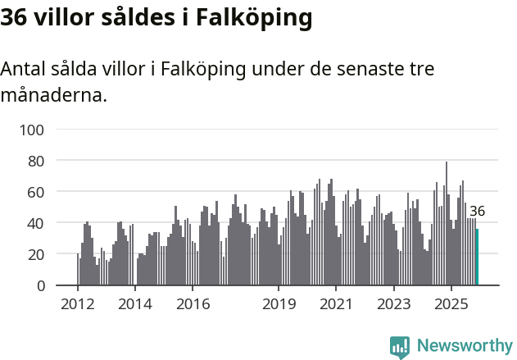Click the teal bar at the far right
point(478,257)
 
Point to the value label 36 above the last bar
point(477,211)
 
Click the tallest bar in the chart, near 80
point(447,223)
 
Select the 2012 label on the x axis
point(78,304)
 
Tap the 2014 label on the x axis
point(135,304)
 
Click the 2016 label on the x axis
point(193,304)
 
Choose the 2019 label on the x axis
point(279,304)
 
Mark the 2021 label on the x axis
point(336,304)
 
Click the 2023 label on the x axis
point(393,304)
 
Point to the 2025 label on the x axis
point(451,304)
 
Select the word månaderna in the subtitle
point(54,95)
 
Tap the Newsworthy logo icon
point(400,347)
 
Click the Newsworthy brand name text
point(464,346)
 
